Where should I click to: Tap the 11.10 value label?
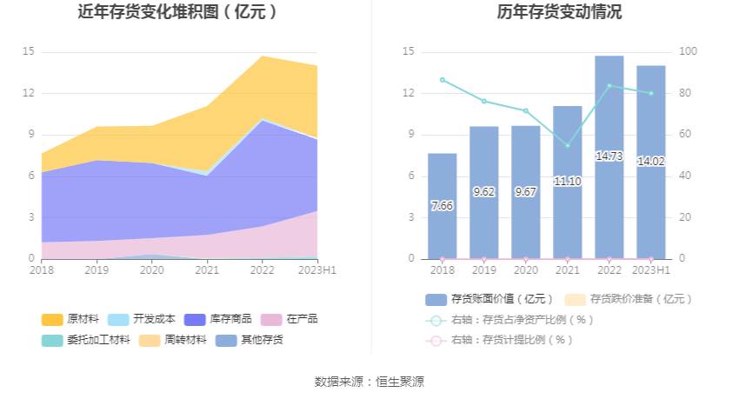pos(567,181)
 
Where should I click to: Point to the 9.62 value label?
pos(483,191)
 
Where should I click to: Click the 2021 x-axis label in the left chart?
pos(208,270)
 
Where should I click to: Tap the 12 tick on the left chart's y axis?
pos(29,93)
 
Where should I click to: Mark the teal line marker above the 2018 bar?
pos(442,80)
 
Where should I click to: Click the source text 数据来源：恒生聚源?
pos(369,382)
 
